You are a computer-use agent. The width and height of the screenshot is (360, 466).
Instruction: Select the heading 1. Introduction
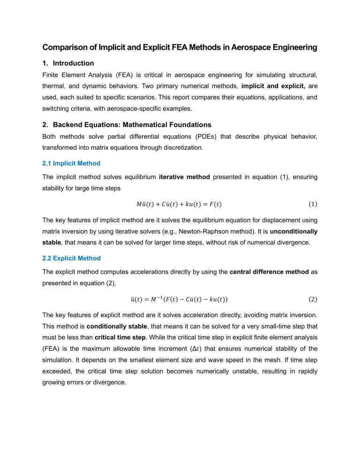point(68,63)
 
